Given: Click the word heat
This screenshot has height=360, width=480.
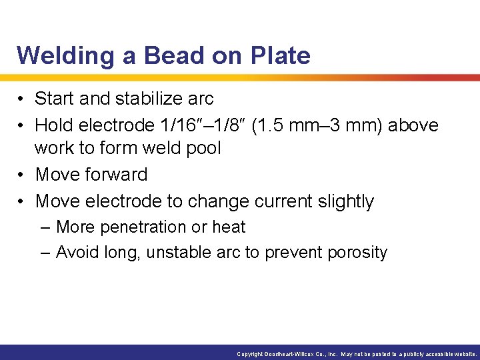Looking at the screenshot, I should pyautogui.click(x=229, y=227).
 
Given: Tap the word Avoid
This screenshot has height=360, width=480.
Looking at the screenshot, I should pyautogui.click(x=75, y=253).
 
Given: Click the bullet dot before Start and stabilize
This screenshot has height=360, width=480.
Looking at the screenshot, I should pyautogui.click(x=22, y=99).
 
